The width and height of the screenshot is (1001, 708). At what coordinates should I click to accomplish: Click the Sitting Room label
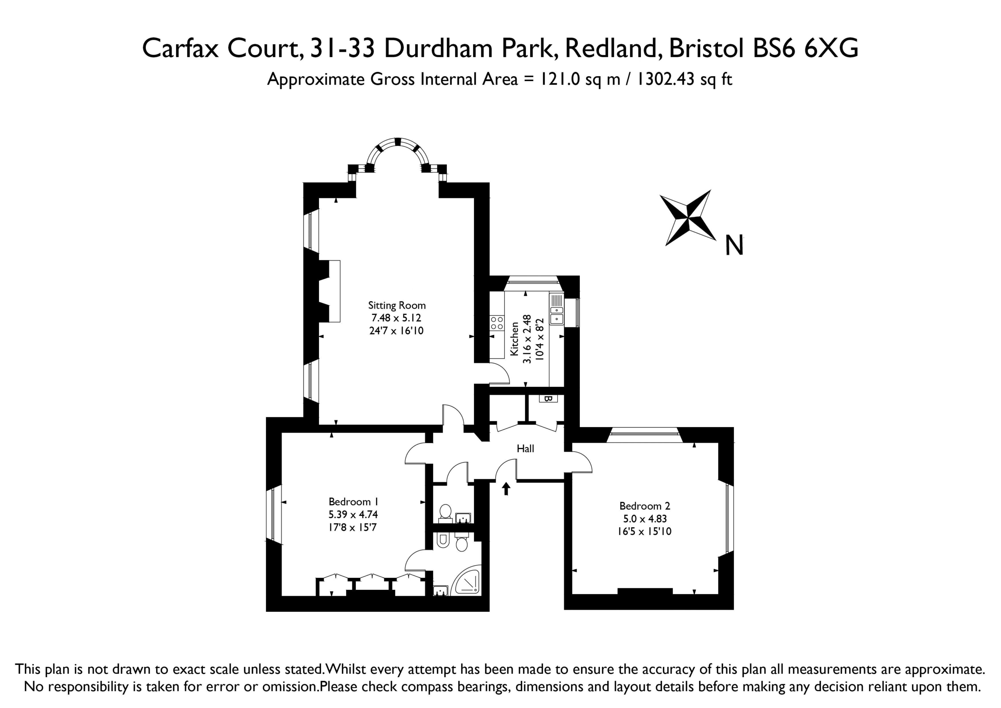pyautogui.click(x=397, y=305)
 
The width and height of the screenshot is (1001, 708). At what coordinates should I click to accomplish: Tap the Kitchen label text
pyautogui.click(x=515, y=339)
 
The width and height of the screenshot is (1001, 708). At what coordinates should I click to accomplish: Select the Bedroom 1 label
pyautogui.click(x=353, y=502)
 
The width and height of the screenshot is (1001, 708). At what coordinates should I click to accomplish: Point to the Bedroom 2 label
pyautogui.click(x=645, y=506)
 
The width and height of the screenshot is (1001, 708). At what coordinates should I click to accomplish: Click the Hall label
pyautogui.click(x=526, y=448)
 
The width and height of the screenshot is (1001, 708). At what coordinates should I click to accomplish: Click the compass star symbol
pyautogui.click(x=688, y=217)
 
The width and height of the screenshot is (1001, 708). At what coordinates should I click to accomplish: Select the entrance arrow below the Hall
pyautogui.click(x=506, y=489)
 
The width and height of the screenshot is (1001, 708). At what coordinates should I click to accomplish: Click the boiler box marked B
pyautogui.click(x=548, y=398)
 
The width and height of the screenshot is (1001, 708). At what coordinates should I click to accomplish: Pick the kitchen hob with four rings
pyautogui.click(x=497, y=323)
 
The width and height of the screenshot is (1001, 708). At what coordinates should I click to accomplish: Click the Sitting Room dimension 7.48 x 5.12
pyautogui.click(x=396, y=318)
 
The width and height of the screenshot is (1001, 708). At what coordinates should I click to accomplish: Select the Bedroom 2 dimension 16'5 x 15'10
pyautogui.click(x=644, y=531)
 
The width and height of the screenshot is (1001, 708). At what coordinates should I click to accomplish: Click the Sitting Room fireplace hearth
pyautogui.click(x=334, y=291)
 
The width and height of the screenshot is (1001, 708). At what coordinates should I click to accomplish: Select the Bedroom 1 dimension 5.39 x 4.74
pyautogui.click(x=353, y=514)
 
